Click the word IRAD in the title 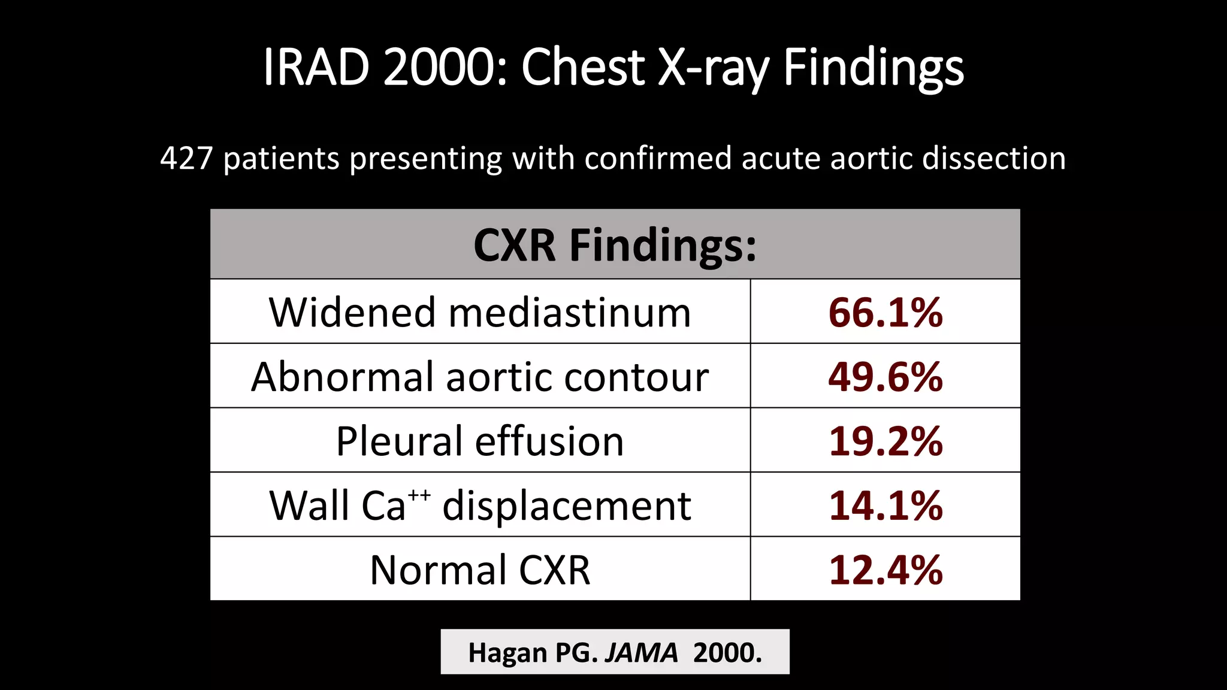point(315,67)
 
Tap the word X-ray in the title point(713,67)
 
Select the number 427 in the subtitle point(186,159)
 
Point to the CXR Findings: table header point(615,245)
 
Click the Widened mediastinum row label point(480,313)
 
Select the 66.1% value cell point(885,313)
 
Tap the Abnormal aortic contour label point(480,377)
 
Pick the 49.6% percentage point(885,377)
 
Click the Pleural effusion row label point(480,441)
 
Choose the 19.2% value point(885,441)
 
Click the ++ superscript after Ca point(419,495)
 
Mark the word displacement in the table point(567,506)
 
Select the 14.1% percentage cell point(885,506)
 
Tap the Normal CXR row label point(480,570)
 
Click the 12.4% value point(885,570)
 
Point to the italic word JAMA point(641,653)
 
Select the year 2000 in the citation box point(724,653)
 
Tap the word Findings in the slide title point(874,67)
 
